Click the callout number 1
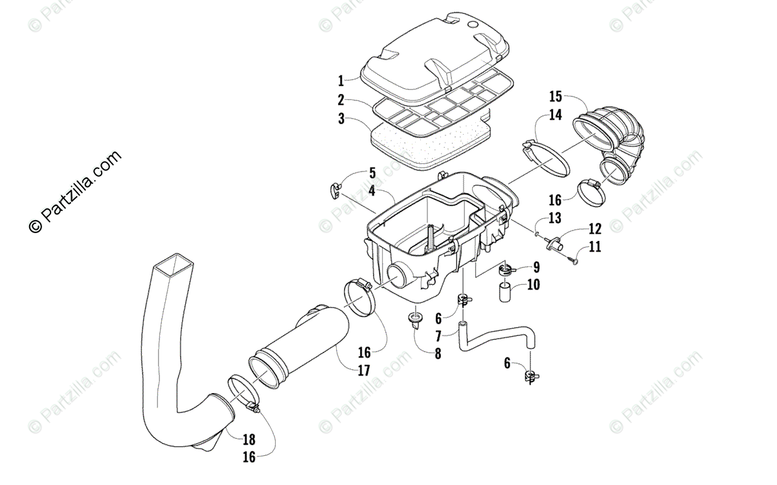(x=341, y=82)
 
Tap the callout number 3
(x=341, y=119)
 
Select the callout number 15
(x=556, y=97)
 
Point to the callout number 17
(x=363, y=371)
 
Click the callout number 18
(x=249, y=440)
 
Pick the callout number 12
(x=595, y=229)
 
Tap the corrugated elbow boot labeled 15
(x=615, y=149)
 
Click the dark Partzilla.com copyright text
(x=75, y=191)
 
